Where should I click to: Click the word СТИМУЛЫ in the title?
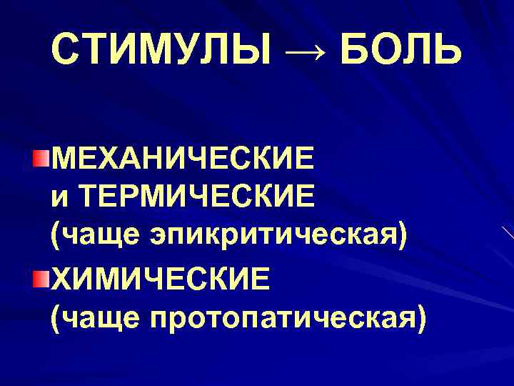coord(161,51)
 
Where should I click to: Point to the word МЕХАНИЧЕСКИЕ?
coord(182,157)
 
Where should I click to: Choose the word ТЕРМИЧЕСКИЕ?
coord(196,195)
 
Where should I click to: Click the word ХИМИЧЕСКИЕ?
coord(161,277)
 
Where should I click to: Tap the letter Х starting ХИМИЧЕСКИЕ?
coord(62,277)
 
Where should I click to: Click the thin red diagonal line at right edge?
coord(507,232)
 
